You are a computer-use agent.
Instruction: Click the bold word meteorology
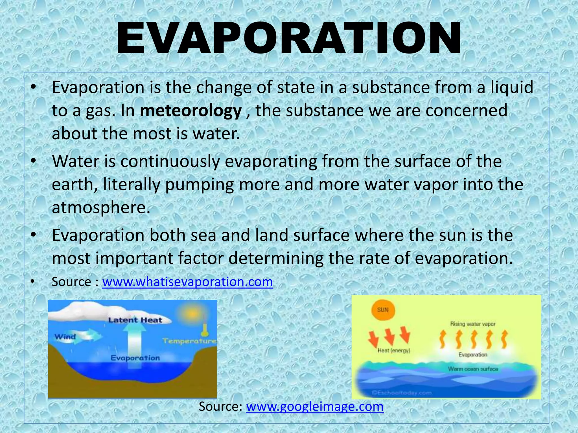[191, 111]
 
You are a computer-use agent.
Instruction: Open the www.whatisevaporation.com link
[187, 282]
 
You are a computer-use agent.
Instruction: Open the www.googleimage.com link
[315, 406]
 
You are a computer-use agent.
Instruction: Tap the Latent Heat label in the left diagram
[135, 320]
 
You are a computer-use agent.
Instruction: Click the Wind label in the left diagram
[65, 337]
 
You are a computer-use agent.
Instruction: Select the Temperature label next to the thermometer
[189, 341]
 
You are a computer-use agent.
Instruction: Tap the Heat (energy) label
[394, 350]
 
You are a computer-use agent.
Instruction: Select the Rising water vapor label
[473, 324]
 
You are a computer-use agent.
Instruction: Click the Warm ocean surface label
[473, 369]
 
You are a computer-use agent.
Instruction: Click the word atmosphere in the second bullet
[100, 207]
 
